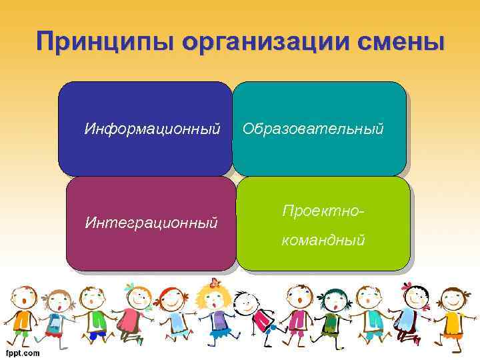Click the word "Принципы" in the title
point(103,42)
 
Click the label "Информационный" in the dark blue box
point(152,128)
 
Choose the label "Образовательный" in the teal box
point(313,128)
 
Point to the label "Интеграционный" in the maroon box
point(151,222)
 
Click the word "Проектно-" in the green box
point(323,210)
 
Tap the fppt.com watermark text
point(23,353)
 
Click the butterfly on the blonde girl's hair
point(214,283)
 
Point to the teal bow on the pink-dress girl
point(129,287)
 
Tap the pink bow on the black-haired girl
point(407,285)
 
